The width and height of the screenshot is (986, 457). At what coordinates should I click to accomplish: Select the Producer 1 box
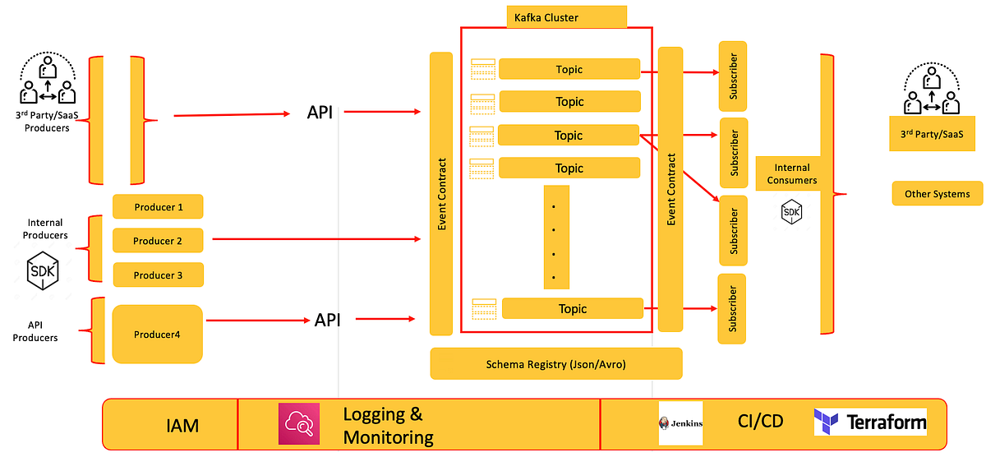(158, 207)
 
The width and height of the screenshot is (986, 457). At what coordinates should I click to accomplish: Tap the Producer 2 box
(158, 241)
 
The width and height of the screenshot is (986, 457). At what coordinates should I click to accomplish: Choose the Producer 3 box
(158, 275)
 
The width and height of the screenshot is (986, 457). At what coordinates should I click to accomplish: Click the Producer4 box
(157, 335)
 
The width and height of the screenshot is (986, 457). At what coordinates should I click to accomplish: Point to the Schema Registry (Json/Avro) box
(556, 364)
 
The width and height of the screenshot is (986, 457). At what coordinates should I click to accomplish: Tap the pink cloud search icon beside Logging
(298, 424)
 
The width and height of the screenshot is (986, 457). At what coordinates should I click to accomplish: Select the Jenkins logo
(680, 423)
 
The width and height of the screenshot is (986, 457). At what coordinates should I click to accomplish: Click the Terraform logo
(870, 422)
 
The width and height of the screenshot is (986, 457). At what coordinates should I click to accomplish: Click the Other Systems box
(937, 194)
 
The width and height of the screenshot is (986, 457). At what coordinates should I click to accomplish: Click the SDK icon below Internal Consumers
(791, 213)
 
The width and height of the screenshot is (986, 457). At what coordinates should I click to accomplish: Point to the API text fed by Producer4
(327, 320)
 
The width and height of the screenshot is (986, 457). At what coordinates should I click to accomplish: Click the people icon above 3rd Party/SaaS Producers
(46, 85)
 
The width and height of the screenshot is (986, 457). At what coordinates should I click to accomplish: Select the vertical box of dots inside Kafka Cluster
(555, 237)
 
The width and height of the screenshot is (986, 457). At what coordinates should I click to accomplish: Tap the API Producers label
(35, 332)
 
